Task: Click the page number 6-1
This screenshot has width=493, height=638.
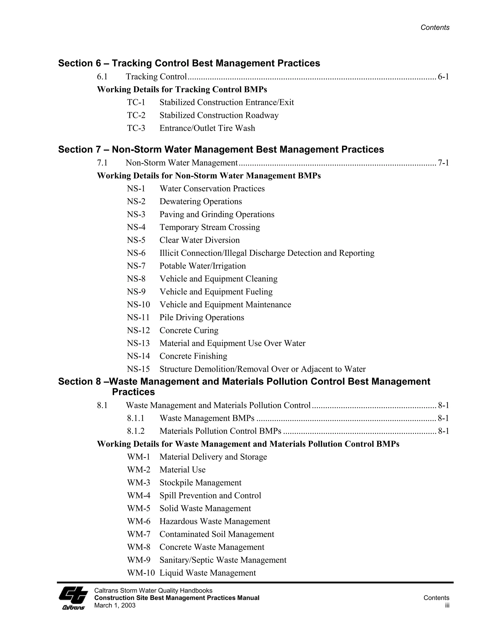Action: click(443, 77)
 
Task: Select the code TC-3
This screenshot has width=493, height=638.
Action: click(136, 128)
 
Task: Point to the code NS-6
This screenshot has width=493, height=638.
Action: click(136, 253)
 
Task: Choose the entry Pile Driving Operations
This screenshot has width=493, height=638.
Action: click(201, 318)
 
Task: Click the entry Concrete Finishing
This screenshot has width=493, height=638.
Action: click(193, 356)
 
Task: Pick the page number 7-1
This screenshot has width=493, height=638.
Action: click(443, 163)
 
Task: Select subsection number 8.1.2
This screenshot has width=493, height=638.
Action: click(136, 431)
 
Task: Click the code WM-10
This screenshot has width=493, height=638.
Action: click(141, 573)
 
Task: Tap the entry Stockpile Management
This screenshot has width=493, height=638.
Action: click(200, 482)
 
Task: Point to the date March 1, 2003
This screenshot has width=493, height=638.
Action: click(115, 605)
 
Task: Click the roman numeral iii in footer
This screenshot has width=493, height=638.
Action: click(447, 605)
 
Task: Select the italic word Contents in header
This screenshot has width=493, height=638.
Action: click(435, 27)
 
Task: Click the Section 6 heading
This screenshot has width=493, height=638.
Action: click(189, 63)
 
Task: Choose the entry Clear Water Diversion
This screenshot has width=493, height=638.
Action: click(200, 240)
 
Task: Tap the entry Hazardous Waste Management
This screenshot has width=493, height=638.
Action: click(215, 521)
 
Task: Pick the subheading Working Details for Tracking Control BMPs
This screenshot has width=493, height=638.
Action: click(182, 89)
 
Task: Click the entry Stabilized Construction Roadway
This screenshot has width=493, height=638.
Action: click(219, 115)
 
